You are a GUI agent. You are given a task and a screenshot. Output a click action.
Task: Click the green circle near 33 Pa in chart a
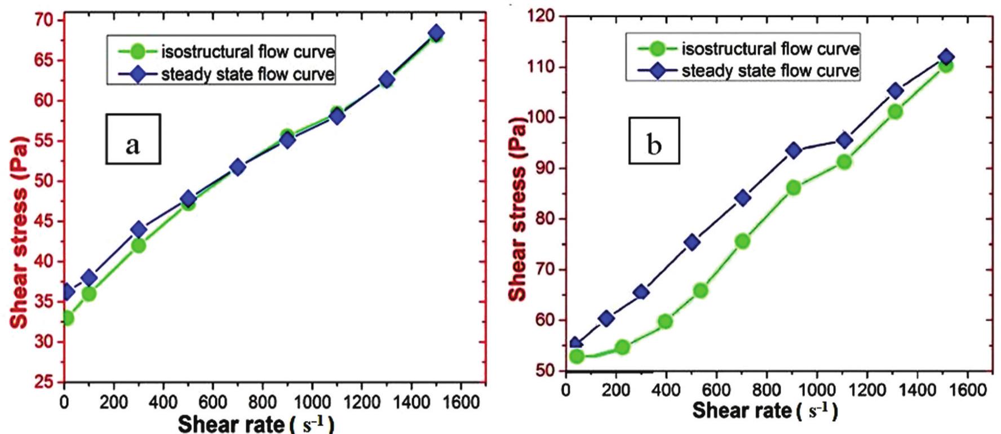pyautogui.click(x=67, y=318)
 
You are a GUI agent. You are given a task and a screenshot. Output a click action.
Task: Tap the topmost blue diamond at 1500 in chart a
pyautogui.click(x=436, y=33)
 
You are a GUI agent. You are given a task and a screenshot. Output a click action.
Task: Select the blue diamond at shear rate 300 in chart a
pyautogui.click(x=139, y=229)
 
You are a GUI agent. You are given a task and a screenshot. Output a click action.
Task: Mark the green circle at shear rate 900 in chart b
pyautogui.click(x=794, y=188)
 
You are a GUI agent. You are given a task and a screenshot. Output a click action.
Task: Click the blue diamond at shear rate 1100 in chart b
pyautogui.click(x=844, y=140)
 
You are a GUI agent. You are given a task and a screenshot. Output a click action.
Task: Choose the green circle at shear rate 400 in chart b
pyautogui.click(x=665, y=322)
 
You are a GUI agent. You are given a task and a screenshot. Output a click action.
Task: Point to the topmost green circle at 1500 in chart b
pyautogui.click(x=946, y=66)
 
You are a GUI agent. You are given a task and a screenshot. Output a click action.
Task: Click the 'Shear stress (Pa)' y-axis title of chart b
pyautogui.click(x=518, y=209)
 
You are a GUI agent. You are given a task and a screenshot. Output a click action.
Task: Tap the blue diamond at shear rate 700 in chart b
pyautogui.click(x=743, y=197)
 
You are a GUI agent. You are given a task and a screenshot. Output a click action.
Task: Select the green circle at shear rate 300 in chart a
pyautogui.click(x=139, y=246)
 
